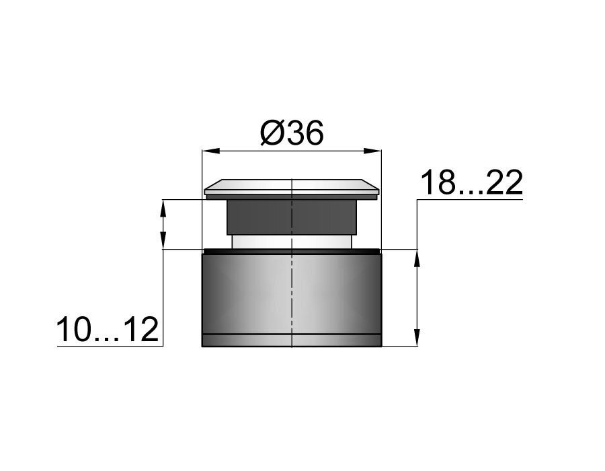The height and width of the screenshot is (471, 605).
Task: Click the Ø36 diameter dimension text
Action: tap(291, 133)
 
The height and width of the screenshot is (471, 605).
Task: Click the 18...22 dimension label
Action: tap(471, 182)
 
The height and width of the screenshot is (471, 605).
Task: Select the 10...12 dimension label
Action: tap(108, 330)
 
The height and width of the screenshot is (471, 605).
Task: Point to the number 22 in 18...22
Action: tap(505, 182)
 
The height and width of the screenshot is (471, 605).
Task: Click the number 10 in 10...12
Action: tap(75, 330)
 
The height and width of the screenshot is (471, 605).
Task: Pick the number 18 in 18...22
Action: tap(437, 182)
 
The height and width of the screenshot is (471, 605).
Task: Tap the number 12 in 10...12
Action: tap(142, 330)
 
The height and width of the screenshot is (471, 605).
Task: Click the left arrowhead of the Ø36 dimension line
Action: tap(211, 151)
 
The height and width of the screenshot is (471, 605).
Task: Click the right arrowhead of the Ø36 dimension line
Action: tap(372, 151)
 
